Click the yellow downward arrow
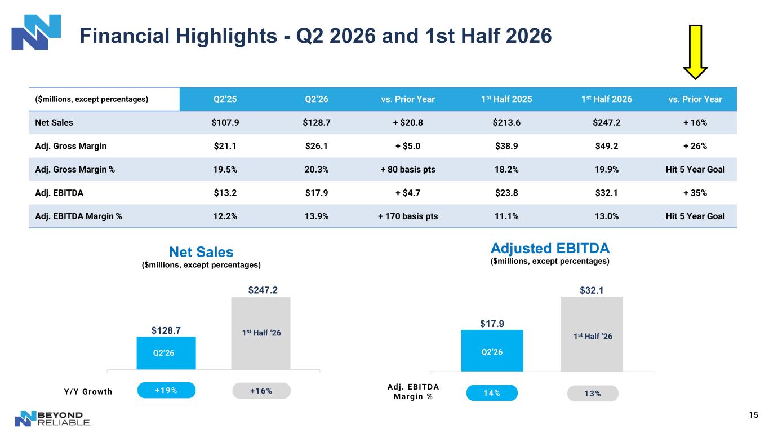point(695,52)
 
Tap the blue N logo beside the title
point(36,32)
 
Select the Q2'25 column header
point(225,99)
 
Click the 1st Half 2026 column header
point(606,99)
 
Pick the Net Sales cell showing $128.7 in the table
point(317,123)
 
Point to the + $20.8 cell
point(408,123)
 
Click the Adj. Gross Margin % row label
point(75,169)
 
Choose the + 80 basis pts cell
point(408,169)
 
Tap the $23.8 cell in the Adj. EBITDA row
point(506,193)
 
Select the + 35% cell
point(695,193)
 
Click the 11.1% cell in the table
point(506,216)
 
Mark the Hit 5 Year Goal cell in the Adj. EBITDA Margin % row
point(695,216)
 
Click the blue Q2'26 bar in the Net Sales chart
point(166,353)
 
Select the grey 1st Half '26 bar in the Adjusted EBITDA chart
point(592,334)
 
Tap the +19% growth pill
point(166,390)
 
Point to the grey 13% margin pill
point(593,394)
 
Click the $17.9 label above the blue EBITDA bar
point(492,324)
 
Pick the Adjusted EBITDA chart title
point(550,248)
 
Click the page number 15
point(753,415)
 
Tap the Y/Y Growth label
point(88,392)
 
